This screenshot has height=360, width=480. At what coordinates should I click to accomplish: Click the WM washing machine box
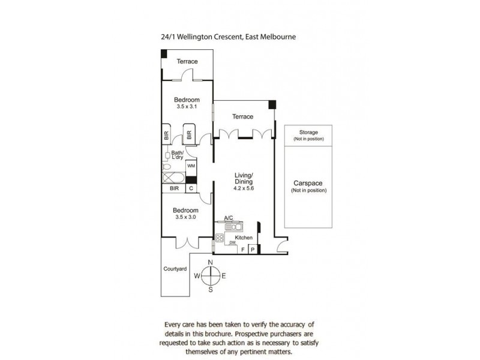coord(191,166)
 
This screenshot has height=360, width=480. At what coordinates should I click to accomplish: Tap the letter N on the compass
coord(211,262)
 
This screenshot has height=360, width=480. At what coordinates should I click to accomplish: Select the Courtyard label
coord(175,269)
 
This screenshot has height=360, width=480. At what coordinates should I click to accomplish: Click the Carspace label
coord(308,183)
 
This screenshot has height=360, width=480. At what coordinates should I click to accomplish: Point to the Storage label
coord(308,132)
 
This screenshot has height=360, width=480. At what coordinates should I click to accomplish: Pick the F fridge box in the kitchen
coord(242,250)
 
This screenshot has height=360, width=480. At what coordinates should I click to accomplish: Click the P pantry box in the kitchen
coord(253,250)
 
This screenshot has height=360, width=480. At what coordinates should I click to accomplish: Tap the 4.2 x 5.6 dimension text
coord(244,188)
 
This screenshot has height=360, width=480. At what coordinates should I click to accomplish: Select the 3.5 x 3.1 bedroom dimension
coord(187,107)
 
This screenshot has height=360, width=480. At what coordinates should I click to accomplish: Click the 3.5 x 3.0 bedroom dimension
coord(185,217)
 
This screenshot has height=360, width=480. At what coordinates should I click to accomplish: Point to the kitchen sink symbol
coord(234,227)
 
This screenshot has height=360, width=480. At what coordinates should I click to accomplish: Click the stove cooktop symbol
coord(220,238)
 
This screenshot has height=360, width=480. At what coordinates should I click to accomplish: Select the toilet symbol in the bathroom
coord(166,167)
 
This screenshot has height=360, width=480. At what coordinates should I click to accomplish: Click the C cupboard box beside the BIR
coord(191,188)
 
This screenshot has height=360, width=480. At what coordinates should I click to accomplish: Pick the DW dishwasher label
coord(233,243)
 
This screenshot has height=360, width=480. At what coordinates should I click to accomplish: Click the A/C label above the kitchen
coord(229,218)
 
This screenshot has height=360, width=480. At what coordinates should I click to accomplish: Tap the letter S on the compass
coord(211,290)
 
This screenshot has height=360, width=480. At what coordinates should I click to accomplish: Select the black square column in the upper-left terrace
coord(164,53)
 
